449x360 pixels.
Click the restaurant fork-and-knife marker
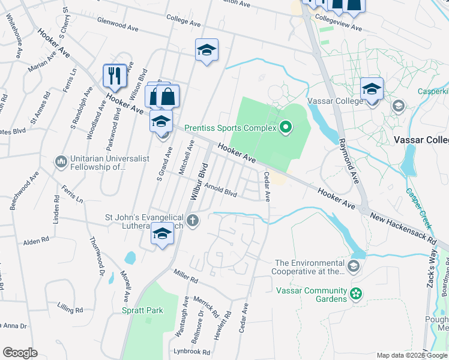click(x=115, y=76)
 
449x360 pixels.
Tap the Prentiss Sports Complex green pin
click(x=286, y=127)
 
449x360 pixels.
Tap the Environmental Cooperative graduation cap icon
click(x=355, y=266)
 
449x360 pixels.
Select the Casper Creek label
click(x=419, y=207)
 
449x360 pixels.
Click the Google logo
click(x=20, y=352)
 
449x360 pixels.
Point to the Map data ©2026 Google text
click(x=403, y=355)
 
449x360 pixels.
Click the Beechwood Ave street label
click(x=23, y=191)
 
